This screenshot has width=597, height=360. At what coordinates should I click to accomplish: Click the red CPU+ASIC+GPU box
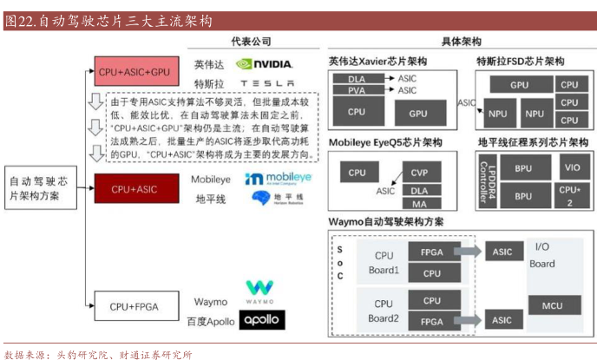[x=134, y=71]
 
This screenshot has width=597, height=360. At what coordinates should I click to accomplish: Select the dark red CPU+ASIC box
[x=134, y=188]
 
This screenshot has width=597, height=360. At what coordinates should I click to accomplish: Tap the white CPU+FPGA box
[x=134, y=306]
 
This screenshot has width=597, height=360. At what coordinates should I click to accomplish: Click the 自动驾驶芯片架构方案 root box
[x=43, y=188]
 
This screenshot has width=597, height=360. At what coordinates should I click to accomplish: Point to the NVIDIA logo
[x=264, y=64]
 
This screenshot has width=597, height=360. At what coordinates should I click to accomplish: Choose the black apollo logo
[x=261, y=320]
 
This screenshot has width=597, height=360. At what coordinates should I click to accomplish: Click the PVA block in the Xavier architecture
[x=357, y=90]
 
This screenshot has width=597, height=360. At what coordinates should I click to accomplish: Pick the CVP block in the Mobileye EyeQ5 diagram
[x=420, y=173]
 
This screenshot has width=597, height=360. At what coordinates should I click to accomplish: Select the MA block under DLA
[x=420, y=203]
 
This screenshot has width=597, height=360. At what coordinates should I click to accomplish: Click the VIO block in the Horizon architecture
[x=569, y=167]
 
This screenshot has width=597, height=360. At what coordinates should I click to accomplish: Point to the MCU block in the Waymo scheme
[x=552, y=306]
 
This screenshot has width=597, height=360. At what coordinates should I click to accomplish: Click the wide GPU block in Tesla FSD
[x=519, y=85]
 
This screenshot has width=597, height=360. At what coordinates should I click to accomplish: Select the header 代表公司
[x=252, y=41]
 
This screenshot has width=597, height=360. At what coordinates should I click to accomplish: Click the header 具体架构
[x=461, y=41]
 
